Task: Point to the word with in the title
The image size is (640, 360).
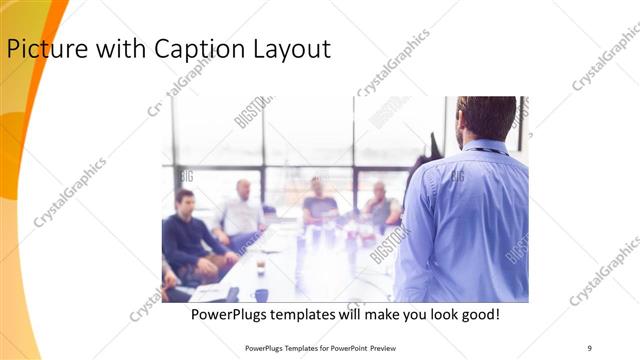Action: [112, 49]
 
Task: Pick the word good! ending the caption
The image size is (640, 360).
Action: [478, 315]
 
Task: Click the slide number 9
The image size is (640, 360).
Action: [590, 347]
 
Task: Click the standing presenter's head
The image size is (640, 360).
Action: [486, 118]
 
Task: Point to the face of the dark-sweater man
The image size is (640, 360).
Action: [184, 201]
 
